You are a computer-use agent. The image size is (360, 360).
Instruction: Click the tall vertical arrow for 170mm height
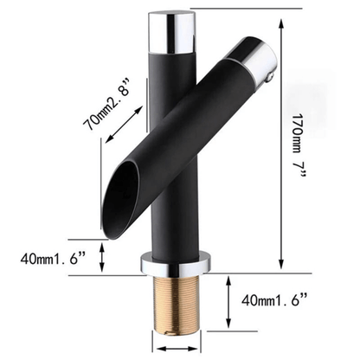[282, 138]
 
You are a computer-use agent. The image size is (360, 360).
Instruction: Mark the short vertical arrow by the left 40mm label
[105, 256]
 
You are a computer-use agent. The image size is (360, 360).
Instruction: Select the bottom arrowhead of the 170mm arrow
[282, 265]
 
